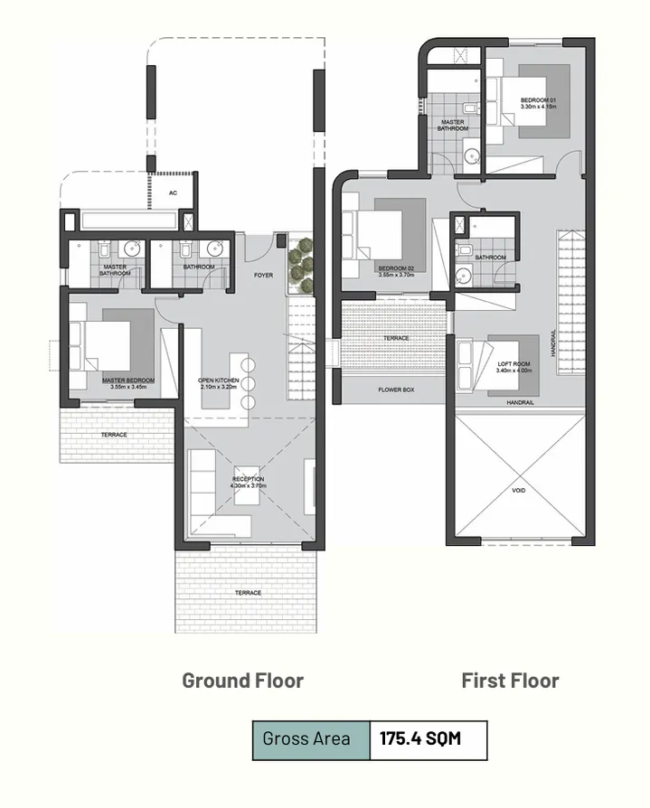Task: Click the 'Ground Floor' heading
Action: tap(242, 681)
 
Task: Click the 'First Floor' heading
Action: tap(510, 681)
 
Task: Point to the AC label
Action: tap(173, 193)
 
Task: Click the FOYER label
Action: tap(263, 275)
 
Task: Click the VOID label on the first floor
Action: tap(518, 491)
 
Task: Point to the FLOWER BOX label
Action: tap(395, 390)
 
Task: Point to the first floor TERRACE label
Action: tap(396, 338)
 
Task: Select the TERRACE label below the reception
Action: tap(248, 593)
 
